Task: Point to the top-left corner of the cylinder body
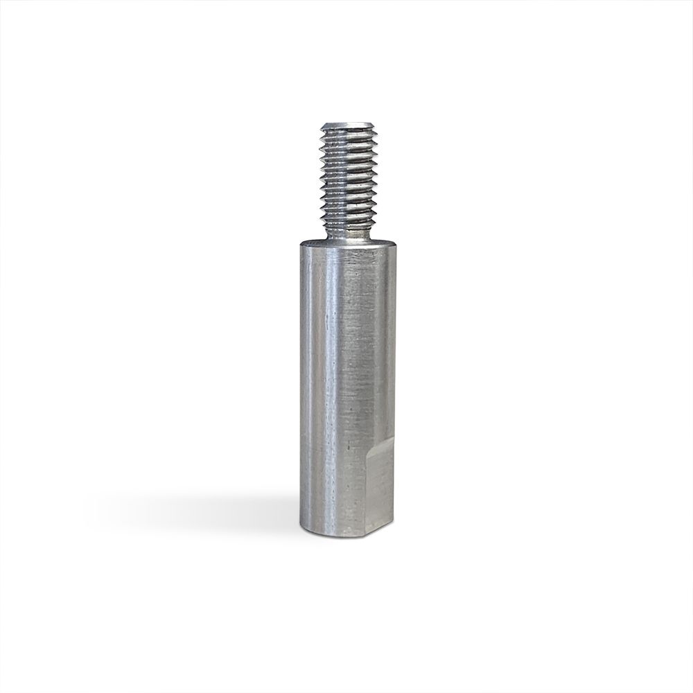click(301, 244)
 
